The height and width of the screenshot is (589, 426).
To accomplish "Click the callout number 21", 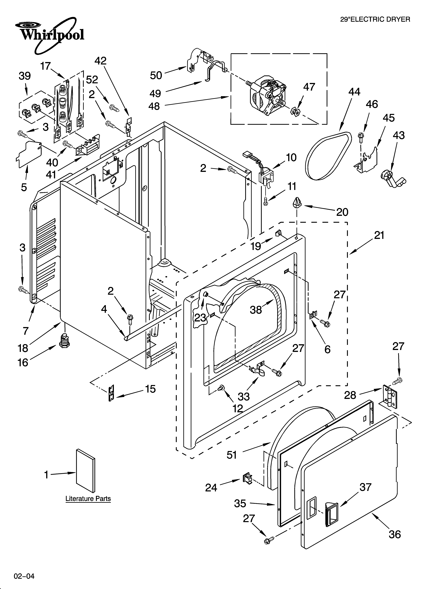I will [379, 235].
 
